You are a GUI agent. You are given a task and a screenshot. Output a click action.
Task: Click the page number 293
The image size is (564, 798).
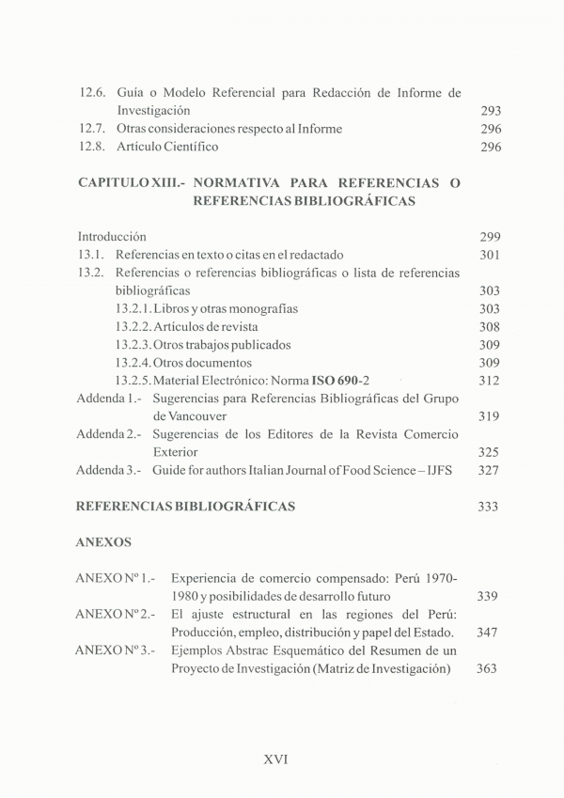pyautogui.click(x=490, y=111)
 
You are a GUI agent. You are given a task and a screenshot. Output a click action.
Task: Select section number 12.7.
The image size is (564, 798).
pyautogui.click(x=94, y=129)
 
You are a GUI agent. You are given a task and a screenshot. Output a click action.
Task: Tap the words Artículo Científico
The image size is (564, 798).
pyautogui.click(x=167, y=147)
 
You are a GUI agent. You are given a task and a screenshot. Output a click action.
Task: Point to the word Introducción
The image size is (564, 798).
pyautogui.click(x=112, y=237)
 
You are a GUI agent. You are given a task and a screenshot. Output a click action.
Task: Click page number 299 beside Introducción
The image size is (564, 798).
pyautogui.click(x=490, y=237)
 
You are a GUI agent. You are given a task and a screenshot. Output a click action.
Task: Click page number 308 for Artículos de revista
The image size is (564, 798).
pyautogui.click(x=490, y=327)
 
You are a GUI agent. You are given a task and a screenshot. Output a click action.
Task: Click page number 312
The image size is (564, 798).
pyautogui.click(x=490, y=381)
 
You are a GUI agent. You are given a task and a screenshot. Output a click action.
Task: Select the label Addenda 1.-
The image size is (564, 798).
pyautogui.click(x=109, y=399)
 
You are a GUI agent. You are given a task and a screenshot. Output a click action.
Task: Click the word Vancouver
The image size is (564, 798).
pyautogui.click(x=185, y=416)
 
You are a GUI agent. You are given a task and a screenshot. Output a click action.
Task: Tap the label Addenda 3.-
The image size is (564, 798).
pyautogui.click(x=109, y=470)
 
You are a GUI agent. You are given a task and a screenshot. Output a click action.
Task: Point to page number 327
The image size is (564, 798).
pyautogui.click(x=490, y=470)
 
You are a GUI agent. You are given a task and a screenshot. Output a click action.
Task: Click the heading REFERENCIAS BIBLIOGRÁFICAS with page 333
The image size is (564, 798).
pyautogui.click(x=185, y=507)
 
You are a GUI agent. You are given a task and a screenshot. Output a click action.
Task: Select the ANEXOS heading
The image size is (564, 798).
pyautogui.click(x=104, y=542)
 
